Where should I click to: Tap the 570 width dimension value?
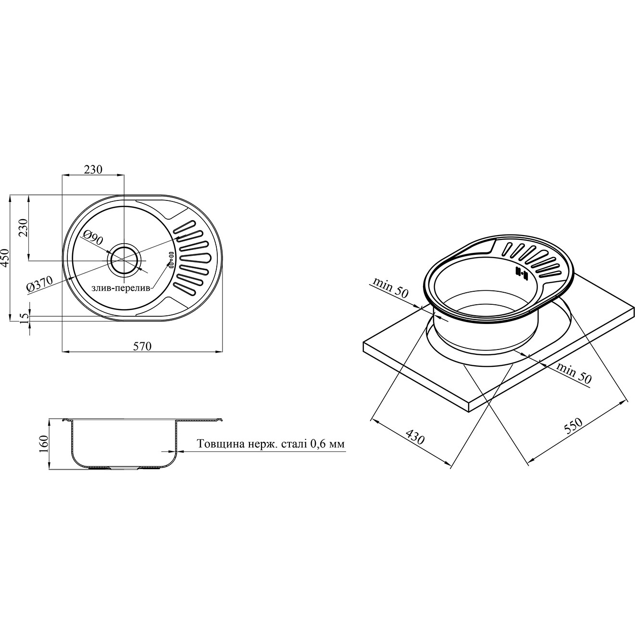pos(142,346)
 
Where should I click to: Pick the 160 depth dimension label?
pos(43,445)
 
